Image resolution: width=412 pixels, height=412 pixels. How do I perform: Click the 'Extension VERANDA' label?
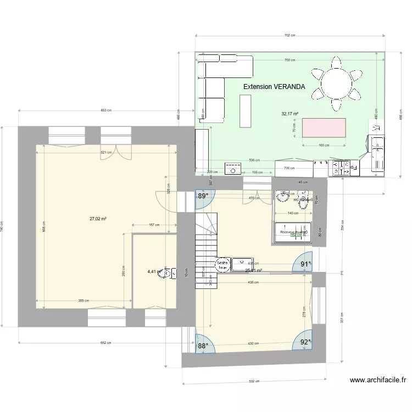274,87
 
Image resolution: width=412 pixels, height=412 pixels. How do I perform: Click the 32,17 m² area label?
289,114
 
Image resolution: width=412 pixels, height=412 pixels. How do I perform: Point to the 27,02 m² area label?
98,219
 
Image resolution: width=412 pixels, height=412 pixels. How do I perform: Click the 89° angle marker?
203,196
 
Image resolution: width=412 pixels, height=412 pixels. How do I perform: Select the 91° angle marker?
306,264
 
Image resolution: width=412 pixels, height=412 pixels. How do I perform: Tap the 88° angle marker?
203,346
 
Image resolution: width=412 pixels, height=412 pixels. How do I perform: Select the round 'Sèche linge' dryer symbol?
222,264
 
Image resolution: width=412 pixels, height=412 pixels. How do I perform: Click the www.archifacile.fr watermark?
377,380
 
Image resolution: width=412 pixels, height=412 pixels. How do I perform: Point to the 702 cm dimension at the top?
290,36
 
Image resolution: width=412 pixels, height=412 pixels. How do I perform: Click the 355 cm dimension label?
83,301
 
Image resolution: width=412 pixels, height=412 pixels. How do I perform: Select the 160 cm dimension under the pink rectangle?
324,146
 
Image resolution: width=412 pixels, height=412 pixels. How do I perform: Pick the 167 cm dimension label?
154,225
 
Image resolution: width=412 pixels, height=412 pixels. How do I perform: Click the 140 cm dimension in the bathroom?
292,213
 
